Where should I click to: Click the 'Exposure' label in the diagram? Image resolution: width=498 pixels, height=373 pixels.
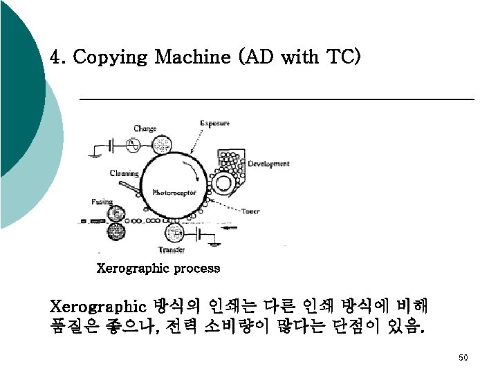pyautogui.click(x=214, y=124)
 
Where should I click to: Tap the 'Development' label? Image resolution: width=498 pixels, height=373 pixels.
pyautogui.click(x=268, y=164)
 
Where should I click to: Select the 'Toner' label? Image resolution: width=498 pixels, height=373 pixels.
pyautogui.click(x=250, y=211)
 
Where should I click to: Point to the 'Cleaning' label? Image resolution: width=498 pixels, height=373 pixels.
pyautogui.click(x=124, y=173)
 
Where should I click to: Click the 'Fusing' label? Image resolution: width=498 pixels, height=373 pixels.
pyautogui.click(x=102, y=202)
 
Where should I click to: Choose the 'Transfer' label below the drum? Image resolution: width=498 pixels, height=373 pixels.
pyautogui.click(x=172, y=249)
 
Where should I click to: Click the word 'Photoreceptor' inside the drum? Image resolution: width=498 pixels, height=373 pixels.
pyautogui.click(x=174, y=192)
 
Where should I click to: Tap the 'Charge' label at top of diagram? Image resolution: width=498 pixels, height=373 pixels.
pyautogui.click(x=145, y=128)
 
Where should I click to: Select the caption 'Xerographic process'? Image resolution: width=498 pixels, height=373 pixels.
pyautogui.click(x=158, y=268)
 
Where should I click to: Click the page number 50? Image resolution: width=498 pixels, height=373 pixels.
pyautogui.click(x=463, y=357)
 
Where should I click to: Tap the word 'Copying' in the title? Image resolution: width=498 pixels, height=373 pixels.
pyautogui.click(x=111, y=57)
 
